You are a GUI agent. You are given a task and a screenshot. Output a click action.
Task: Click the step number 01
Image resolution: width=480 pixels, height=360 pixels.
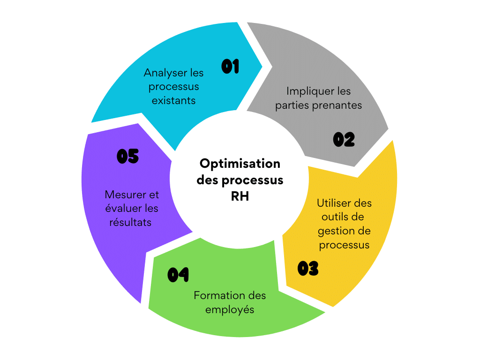[x=230, y=67]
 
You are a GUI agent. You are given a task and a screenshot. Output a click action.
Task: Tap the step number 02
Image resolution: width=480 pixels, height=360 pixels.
[x=344, y=139]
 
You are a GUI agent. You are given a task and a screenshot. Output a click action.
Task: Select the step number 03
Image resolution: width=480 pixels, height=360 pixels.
[x=308, y=269]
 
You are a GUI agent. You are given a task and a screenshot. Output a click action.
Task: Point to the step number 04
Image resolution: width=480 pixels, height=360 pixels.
[x=178, y=274]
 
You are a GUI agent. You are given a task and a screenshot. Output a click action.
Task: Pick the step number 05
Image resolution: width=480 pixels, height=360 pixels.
[x=127, y=156]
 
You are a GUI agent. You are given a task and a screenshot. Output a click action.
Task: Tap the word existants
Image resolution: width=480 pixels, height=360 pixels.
[x=173, y=100]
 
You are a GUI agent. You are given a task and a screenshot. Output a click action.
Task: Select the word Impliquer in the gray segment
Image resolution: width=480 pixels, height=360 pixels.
[x=310, y=91]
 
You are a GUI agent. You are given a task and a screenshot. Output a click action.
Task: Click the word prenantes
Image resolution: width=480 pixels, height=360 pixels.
[x=337, y=105]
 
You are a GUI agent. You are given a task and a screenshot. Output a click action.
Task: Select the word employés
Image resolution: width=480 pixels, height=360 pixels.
[x=230, y=310]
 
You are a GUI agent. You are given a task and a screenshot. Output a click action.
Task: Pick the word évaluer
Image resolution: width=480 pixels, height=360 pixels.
[x=121, y=208]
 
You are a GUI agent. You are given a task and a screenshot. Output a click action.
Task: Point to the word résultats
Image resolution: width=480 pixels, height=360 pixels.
[x=130, y=222]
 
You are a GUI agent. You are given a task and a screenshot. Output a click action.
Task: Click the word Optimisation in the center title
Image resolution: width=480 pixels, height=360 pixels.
[x=240, y=164]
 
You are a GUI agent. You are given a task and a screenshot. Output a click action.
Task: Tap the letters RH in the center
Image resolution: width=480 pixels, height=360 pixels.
[x=240, y=196]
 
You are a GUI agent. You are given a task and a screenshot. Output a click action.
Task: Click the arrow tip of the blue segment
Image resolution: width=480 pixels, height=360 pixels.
[x=262, y=66]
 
